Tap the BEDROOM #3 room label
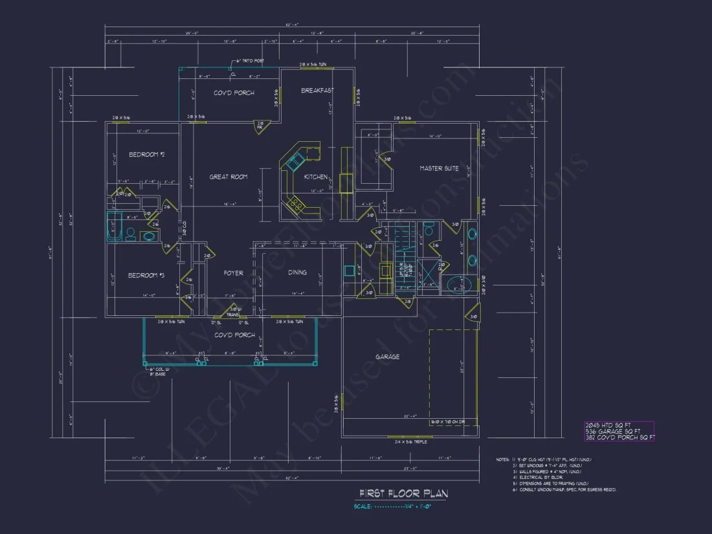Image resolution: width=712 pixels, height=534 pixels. coord(146,276)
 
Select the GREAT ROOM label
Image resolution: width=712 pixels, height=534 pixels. coord(228,177)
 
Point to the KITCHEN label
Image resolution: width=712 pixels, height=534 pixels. coord(316,177)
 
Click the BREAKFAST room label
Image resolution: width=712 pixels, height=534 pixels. coord(317,91)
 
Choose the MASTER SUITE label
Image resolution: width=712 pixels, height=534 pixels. coord(439,168)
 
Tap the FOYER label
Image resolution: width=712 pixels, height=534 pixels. coord(233,273)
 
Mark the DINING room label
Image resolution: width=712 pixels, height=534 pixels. coord(297,273)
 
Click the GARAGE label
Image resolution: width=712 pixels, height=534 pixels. coord(387,357)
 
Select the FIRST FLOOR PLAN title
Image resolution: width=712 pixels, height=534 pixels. coord(403,493)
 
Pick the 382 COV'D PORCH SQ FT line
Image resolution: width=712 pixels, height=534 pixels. coord(618,438)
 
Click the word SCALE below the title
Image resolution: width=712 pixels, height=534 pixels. coord(363,507)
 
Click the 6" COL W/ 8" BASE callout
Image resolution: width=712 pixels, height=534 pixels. coord(159,372)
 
